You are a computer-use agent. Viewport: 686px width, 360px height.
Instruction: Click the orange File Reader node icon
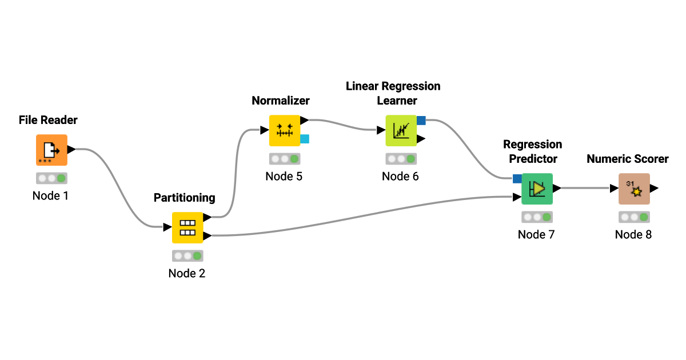coord(51,150)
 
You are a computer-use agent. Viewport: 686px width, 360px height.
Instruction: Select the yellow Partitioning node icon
coord(188,227)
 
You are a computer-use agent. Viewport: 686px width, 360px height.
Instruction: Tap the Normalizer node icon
coord(284,131)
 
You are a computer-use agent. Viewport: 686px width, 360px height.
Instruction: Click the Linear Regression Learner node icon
coord(401,131)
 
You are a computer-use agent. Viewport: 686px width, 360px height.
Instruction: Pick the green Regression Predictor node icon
coord(537,189)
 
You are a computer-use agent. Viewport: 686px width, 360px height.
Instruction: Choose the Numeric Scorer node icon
coord(634,189)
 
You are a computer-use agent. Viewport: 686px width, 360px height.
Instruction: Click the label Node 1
coord(50,195)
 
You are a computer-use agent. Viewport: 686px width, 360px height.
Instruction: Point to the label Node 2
coord(186,273)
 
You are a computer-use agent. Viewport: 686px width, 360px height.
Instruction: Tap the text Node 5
coord(284,176)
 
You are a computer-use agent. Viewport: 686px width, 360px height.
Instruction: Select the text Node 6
coord(400,176)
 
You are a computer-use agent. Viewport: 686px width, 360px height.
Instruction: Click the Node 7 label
coord(536,234)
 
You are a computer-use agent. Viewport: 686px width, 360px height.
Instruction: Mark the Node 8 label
coord(633,234)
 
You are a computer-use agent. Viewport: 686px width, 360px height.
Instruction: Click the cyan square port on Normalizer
coord(305,138)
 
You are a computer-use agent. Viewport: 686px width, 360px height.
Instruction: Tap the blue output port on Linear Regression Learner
coord(421,120)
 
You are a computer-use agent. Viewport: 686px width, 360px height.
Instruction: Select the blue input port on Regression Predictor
coord(517,179)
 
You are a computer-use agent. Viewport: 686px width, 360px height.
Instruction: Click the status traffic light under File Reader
coord(51,178)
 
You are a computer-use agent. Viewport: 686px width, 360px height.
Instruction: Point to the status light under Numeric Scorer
coord(634,217)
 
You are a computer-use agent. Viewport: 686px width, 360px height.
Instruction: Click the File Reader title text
coord(48,120)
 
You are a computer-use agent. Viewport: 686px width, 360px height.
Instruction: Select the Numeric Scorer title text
coord(627,159)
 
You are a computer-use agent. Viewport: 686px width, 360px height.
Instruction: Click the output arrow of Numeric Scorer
coord(655,188)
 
